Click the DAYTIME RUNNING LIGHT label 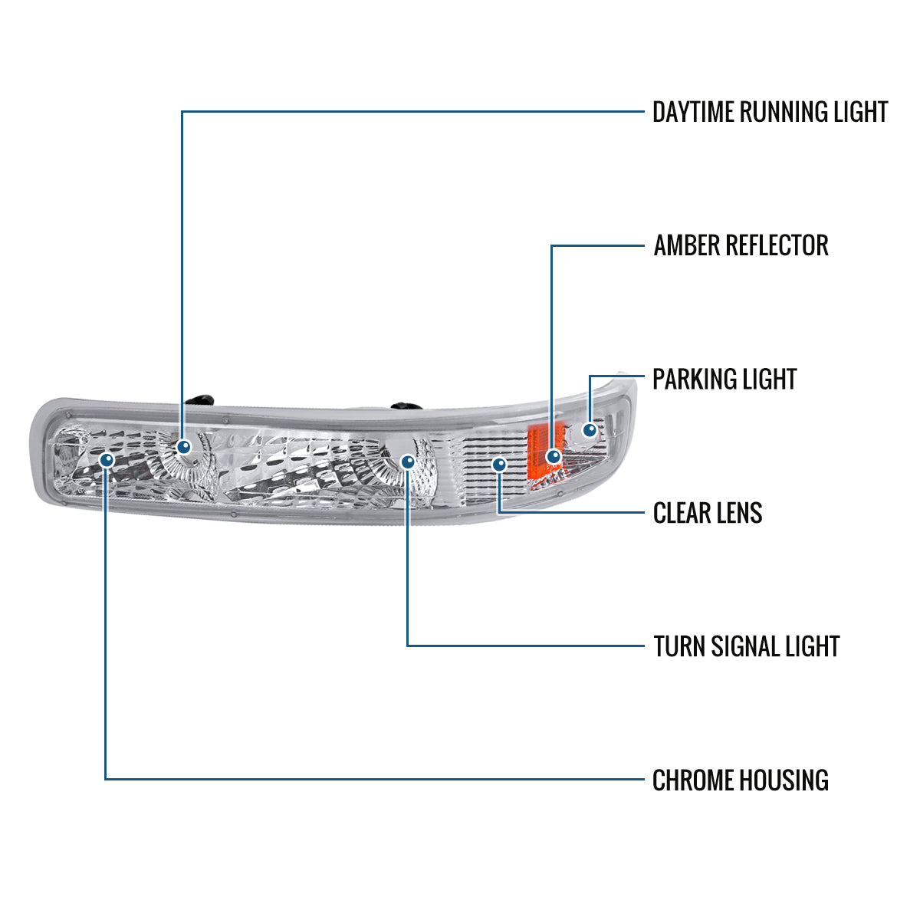point(770,112)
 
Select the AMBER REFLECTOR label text point(741,245)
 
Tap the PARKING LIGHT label point(724,379)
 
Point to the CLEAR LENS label point(707,513)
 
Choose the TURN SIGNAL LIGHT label point(746,646)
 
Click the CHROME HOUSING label point(740,780)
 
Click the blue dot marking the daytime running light point(183,446)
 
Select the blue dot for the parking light point(590,430)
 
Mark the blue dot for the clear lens point(499,464)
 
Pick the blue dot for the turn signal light point(408,462)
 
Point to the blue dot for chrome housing point(107,459)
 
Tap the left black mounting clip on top point(202,399)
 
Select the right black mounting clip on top point(402,406)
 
